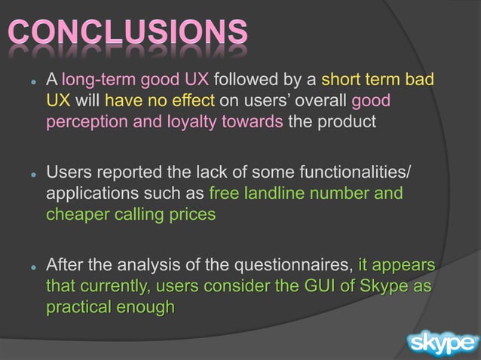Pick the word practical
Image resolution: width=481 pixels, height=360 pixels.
click(77, 307)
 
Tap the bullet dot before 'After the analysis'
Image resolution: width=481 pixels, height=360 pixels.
click(33, 267)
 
